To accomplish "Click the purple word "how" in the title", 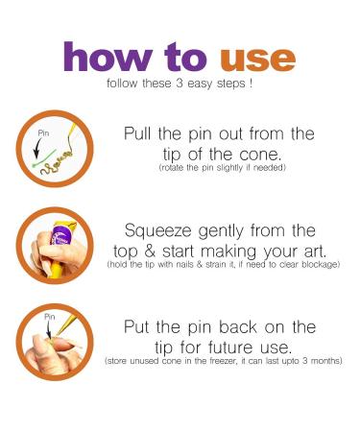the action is point(108,57).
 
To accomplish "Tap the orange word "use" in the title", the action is point(257,60).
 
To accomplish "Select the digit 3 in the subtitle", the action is point(180,84).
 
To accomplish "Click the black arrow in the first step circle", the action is point(38,148).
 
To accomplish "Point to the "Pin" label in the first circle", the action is point(43,133).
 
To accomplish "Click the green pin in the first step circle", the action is point(44,157).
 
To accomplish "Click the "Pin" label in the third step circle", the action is point(49,317).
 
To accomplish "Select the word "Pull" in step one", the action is point(137,133).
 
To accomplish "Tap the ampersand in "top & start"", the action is point(150,251).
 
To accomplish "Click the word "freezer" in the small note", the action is point(224,361).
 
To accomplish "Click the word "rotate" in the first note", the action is point(172,167).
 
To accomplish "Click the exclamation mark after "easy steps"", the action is point(251,84).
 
